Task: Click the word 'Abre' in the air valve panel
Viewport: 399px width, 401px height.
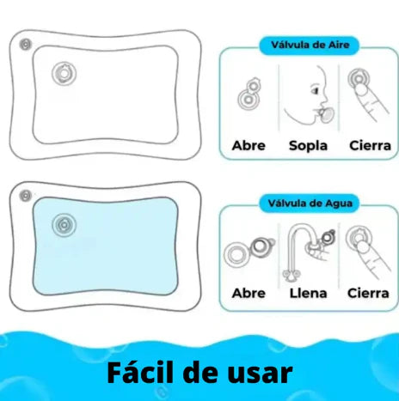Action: (x=249, y=146)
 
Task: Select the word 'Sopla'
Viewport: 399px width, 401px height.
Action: (x=308, y=146)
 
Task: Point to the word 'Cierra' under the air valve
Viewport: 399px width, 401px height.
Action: (x=370, y=146)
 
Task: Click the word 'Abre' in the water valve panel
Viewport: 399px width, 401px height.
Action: (x=249, y=293)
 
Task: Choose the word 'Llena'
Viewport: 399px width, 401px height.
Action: (x=308, y=293)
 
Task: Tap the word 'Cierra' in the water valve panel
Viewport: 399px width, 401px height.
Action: (x=368, y=293)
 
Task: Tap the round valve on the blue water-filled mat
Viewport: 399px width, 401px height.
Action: (x=63, y=226)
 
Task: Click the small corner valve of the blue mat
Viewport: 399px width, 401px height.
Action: (x=26, y=197)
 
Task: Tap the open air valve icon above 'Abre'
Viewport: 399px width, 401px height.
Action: (x=249, y=96)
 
